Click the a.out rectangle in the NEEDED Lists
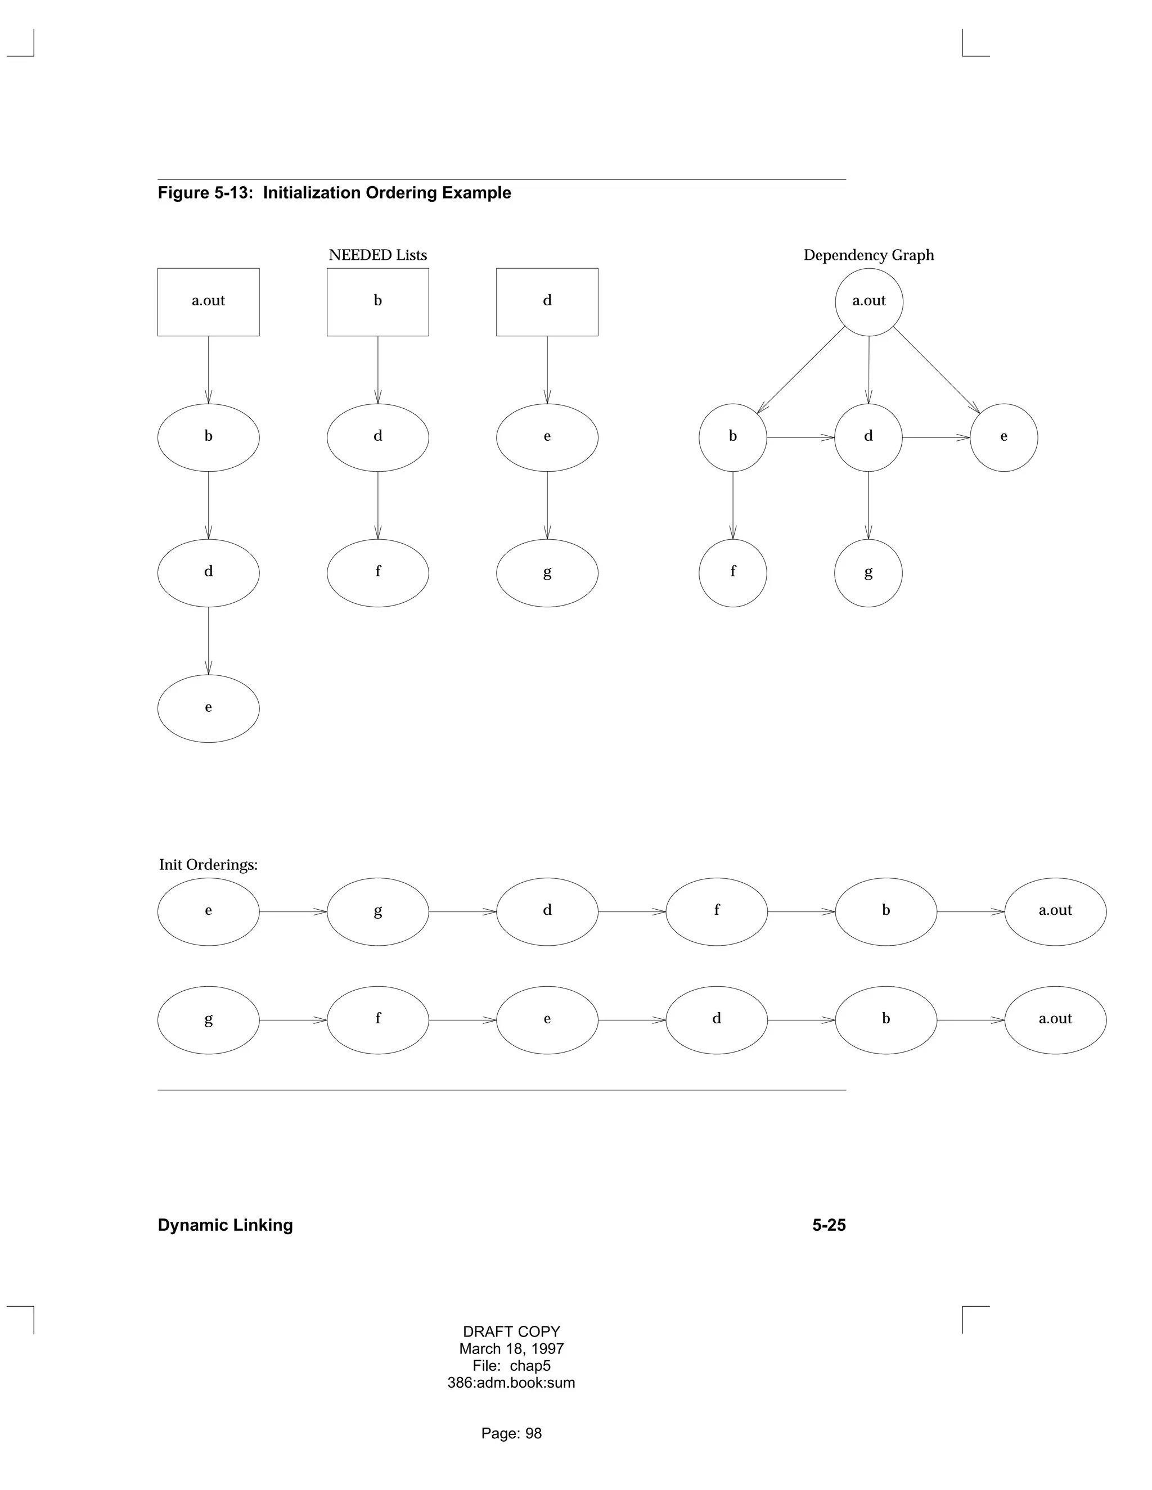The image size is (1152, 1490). point(208,301)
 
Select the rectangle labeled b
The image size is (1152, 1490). point(377,301)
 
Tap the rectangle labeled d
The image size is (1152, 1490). point(547,301)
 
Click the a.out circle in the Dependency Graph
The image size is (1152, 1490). point(868,301)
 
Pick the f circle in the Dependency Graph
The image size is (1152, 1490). point(732,573)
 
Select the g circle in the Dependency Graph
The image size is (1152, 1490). point(868,573)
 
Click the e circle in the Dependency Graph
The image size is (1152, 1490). point(1003,437)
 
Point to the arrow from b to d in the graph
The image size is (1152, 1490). point(800,437)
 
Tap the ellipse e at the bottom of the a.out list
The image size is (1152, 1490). point(208,708)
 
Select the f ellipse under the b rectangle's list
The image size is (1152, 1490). point(377,573)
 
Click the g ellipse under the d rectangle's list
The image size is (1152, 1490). point(547,573)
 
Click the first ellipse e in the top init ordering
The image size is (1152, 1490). point(208,911)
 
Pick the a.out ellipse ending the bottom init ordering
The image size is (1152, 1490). point(1055,1020)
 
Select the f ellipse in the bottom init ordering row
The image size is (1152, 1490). point(377,1020)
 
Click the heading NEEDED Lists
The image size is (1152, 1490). point(377,255)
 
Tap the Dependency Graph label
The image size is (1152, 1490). point(868,255)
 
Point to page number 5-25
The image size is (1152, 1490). point(829,1225)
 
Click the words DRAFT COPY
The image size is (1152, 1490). point(511,1331)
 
